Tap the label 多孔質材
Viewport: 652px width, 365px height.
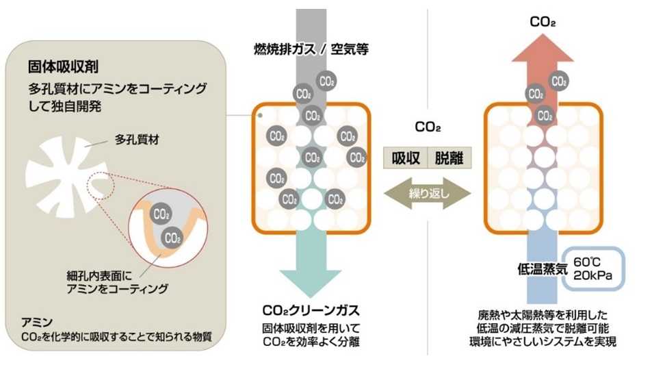tap(135, 143)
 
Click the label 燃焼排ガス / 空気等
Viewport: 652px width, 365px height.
tap(311, 49)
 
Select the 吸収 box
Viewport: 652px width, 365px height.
tap(405, 158)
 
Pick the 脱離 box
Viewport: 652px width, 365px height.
tap(449, 158)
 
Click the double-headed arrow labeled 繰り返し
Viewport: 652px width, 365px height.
tap(428, 192)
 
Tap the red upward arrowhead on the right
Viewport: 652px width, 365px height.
tap(544, 52)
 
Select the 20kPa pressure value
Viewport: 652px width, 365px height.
tap(592, 276)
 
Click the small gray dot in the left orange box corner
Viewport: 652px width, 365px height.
tap(261, 116)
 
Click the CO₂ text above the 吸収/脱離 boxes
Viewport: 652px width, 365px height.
tap(428, 128)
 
